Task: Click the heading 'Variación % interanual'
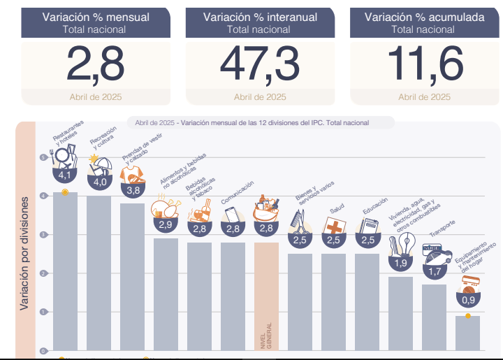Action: pyautogui.click(x=259, y=17)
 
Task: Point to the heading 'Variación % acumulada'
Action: pyautogui.click(x=424, y=17)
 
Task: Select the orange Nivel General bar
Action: pyautogui.click(x=266, y=294)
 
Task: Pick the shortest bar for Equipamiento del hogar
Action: pyautogui.click(x=467, y=332)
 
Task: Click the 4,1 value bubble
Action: pyautogui.click(x=66, y=174)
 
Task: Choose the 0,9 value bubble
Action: pyautogui.click(x=467, y=298)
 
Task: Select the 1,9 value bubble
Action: pyautogui.click(x=400, y=263)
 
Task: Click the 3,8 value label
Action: pyautogui.click(x=132, y=189)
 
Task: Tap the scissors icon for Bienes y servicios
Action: pyautogui.click(x=299, y=222)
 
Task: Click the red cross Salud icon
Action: pyautogui.click(x=334, y=226)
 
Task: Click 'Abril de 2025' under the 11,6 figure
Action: pyautogui.click(x=424, y=97)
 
